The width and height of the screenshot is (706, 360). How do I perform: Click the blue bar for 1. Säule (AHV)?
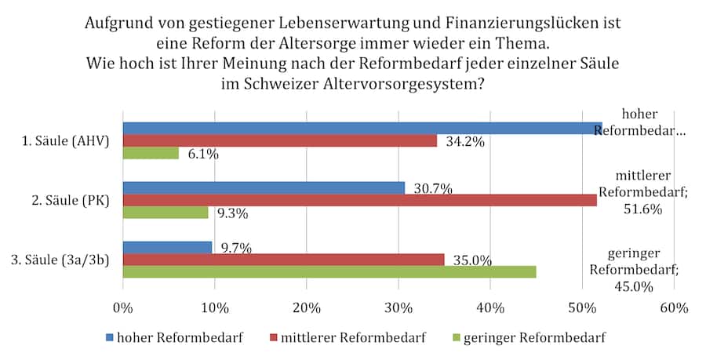(x=361, y=128)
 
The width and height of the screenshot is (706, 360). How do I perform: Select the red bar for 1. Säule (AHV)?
(x=279, y=140)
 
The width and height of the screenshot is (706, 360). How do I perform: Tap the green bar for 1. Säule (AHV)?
(x=151, y=153)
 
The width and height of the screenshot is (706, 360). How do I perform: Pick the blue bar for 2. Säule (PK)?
(x=264, y=187)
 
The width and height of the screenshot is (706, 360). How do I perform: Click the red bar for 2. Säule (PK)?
(x=359, y=200)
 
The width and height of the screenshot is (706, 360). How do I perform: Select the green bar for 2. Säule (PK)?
(x=166, y=212)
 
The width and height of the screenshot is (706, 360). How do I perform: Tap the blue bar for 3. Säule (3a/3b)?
(x=167, y=247)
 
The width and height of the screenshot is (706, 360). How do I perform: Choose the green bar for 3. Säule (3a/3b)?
(x=329, y=271)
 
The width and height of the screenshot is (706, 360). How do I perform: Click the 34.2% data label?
(x=464, y=142)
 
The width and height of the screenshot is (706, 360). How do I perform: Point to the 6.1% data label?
(x=202, y=155)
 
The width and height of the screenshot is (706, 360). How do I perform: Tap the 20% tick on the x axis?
(x=307, y=307)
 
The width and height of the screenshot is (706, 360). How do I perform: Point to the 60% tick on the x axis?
(x=674, y=307)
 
